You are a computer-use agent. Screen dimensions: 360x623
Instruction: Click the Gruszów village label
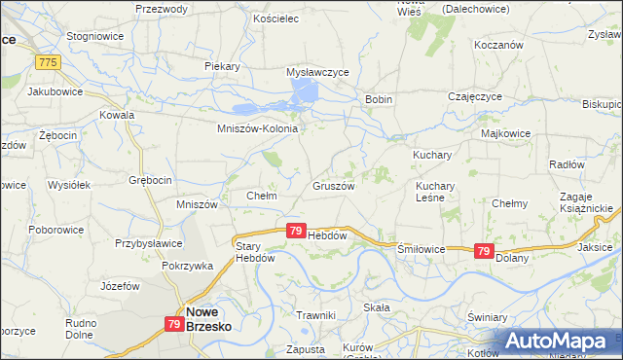333,185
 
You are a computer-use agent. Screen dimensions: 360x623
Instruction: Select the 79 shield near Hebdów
295,231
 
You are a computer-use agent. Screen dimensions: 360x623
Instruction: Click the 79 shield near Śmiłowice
483,251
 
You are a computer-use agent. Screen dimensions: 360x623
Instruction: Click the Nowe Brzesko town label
208,320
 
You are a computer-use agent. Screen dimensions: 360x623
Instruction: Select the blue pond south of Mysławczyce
305,93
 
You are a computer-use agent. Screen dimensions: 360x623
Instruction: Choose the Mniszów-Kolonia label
256,127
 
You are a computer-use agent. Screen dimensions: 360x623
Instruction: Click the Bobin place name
378,99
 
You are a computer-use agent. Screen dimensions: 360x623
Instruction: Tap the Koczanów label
498,45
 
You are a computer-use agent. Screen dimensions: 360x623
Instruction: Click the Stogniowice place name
92,35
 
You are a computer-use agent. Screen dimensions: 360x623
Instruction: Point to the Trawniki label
315,314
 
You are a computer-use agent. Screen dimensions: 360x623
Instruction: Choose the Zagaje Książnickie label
585,202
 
